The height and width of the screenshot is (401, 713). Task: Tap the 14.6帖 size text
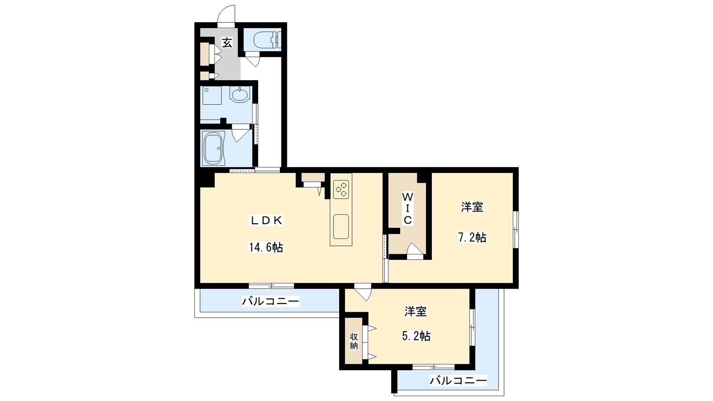(x=266, y=247)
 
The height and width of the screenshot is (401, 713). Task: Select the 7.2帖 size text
(x=472, y=237)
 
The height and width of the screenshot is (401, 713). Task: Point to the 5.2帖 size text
(x=416, y=336)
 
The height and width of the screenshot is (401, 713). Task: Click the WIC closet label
(x=408, y=209)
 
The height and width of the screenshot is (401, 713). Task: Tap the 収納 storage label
(x=354, y=341)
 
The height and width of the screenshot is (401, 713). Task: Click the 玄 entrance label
(x=227, y=43)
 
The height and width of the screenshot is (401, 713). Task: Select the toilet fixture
(x=267, y=41)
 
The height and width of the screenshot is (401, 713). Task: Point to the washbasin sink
(x=240, y=95)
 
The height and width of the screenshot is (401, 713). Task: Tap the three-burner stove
(x=341, y=189)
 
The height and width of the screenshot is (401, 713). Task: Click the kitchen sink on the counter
(x=341, y=226)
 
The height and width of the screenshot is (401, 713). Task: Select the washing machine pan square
(x=212, y=95)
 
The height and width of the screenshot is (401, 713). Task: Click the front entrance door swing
(x=226, y=14)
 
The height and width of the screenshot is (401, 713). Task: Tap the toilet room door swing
(x=252, y=61)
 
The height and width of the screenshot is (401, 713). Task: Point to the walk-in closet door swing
(x=415, y=249)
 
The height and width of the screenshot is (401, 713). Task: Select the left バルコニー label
(x=270, y=301)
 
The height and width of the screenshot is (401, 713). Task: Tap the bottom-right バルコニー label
(x=459, y=380)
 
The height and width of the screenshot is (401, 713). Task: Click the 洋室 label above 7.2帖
(x=472, y=207)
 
